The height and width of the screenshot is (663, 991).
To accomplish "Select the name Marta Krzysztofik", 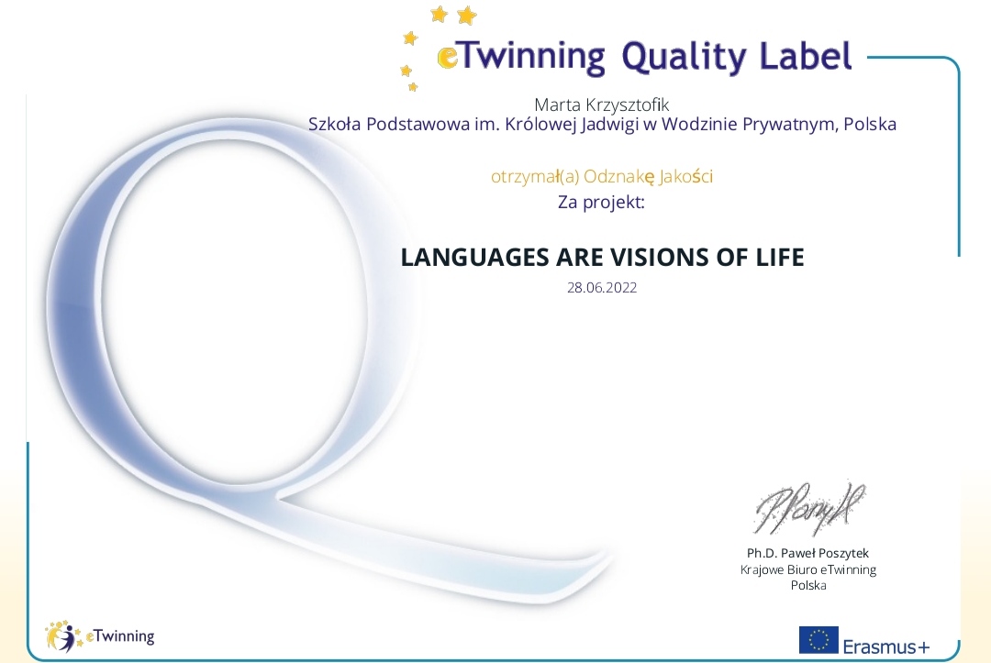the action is point(602,105).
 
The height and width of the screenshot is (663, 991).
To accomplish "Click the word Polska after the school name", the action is point(870,124).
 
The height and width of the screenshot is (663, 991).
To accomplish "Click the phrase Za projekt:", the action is point(601,203).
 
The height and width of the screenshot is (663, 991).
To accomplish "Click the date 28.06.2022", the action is point(602,288).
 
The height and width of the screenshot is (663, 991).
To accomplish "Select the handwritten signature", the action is point(809,506).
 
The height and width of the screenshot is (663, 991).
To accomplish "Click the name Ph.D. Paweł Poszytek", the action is point(807,553).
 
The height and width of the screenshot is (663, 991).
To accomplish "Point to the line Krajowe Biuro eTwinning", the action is point(808,569).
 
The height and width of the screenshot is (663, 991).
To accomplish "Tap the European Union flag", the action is point(818,640).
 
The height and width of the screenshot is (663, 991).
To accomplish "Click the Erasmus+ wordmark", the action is point(886,646).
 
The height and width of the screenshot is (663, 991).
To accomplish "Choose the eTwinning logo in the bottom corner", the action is point(99,635).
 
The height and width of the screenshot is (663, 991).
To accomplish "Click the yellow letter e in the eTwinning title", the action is point(448,58).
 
